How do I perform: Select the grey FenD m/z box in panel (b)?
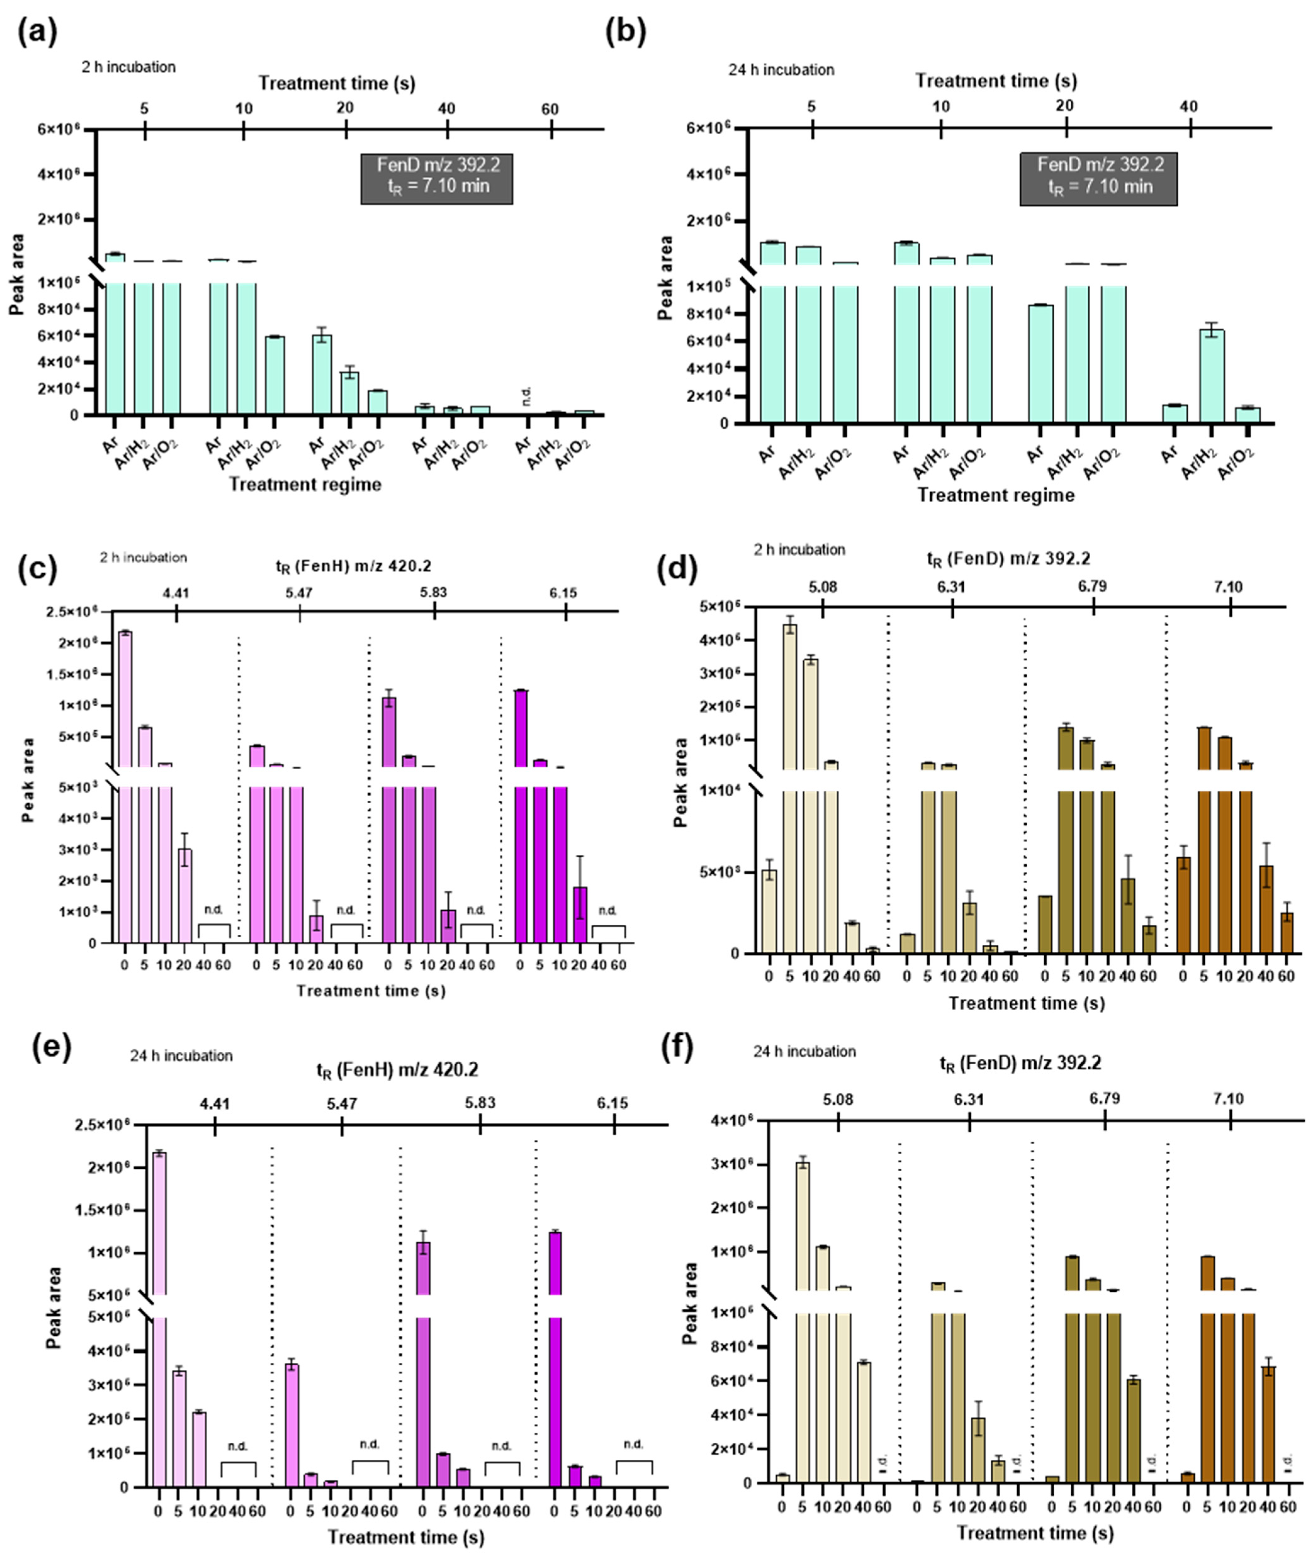coord(1099,178)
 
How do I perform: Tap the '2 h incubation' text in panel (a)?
coord(129,67)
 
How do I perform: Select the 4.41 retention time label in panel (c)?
coord(176,593)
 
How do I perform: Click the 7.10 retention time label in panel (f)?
coord(1228,1099)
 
